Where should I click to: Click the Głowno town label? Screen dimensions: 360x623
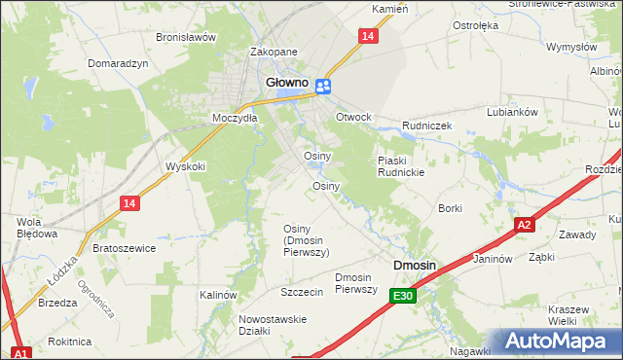pos(288,84)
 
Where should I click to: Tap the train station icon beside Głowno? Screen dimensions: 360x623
pos(324,87)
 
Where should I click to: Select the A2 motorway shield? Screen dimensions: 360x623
pos(525,225)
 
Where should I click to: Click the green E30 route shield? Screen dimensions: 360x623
pos(404,296)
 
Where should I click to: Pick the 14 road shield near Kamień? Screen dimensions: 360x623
pos(366,36)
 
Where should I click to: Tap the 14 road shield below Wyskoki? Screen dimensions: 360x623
pos(129,202)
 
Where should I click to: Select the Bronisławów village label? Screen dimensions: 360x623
pos(185,37)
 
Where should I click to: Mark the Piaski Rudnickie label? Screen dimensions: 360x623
pos(401,166)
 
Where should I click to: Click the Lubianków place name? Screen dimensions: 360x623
pos(513,112)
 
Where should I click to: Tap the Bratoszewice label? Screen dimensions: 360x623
pos(125,248)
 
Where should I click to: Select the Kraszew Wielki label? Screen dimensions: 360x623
pos(568,314)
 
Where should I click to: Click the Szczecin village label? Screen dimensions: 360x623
pos(301,292)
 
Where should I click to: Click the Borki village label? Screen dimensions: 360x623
pos(450,208)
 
